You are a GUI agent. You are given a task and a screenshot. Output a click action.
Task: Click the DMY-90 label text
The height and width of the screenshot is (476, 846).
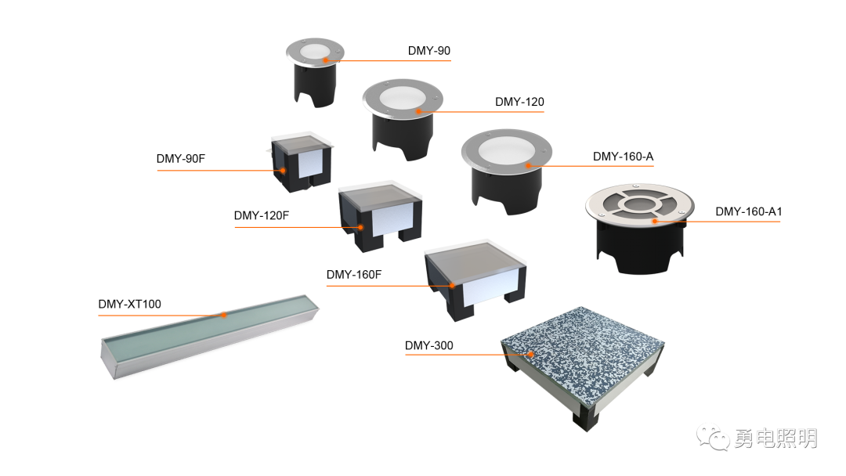pos(429,51)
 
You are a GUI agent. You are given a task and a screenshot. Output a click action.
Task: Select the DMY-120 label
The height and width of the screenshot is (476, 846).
pos(519,102)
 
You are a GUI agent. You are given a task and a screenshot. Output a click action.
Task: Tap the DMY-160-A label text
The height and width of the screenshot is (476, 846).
pos(624,157)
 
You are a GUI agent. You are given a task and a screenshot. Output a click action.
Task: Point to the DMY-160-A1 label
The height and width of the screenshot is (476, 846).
pos(748,212)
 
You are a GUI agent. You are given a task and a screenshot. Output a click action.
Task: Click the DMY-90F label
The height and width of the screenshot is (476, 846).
pos(181,159)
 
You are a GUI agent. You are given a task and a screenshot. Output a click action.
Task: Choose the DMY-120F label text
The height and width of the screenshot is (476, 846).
pos(261,215)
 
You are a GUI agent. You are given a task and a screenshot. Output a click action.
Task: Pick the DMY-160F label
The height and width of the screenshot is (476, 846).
pos(354,275)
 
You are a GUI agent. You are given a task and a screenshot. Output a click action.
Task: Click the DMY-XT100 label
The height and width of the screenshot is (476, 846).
pos(129,304)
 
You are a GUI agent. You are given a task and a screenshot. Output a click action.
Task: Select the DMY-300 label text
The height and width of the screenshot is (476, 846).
pos(429,345)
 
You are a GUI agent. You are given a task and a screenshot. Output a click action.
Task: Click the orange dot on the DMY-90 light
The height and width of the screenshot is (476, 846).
pos(326,59)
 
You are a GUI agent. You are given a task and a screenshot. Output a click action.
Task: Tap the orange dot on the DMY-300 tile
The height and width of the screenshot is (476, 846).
pos(531,354)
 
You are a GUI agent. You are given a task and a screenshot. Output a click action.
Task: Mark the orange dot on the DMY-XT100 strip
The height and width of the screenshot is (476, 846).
pos(224,315)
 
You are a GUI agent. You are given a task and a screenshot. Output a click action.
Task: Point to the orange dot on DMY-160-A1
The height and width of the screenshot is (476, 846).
pos(654,221)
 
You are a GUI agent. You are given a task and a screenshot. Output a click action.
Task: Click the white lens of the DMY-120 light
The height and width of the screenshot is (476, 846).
pos(402,97)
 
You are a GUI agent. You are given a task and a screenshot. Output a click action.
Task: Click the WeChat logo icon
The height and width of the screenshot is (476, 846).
pos(713,437)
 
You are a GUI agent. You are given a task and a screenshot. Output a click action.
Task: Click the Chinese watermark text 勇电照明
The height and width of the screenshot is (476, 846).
pos(775,438)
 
